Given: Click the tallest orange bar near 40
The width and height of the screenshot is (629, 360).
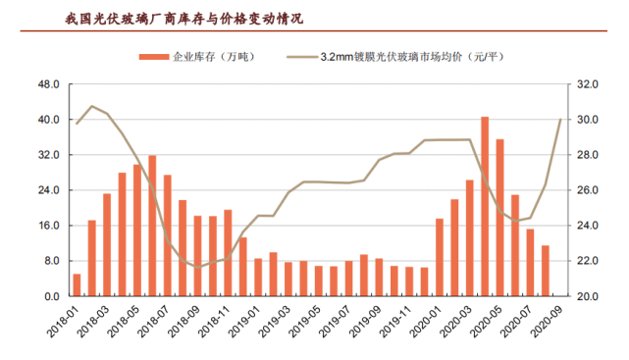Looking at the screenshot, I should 485,206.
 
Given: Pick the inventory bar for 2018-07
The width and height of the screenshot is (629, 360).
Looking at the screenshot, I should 167,235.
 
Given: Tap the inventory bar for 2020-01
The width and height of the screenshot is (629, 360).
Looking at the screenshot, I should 440,257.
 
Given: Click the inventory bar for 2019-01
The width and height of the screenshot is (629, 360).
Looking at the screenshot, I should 258,277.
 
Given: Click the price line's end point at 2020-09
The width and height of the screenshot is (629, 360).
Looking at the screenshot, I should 560,120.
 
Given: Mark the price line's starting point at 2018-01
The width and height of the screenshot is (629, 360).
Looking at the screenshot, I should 77,123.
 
